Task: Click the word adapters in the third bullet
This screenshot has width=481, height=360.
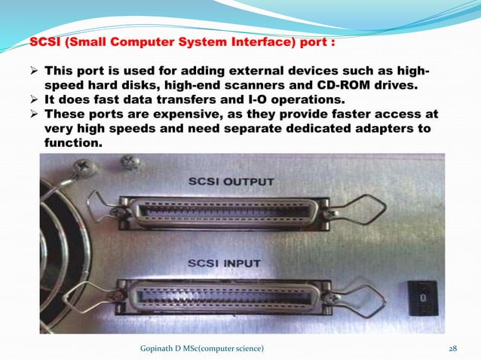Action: [373, 130]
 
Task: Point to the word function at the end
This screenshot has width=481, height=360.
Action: [73, 144]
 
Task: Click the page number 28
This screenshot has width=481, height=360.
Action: [453, 347]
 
